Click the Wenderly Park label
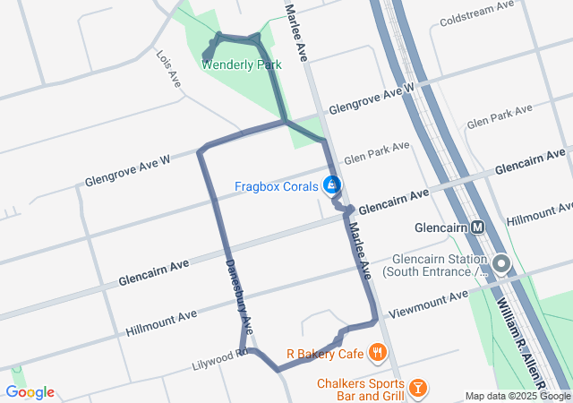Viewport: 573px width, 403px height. coord(242,64)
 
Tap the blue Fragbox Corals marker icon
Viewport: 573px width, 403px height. coord(332,185)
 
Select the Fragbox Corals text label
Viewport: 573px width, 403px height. coord(276,187)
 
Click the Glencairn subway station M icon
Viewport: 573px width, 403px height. coord(479,227)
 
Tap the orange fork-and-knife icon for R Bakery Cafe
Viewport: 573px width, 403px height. coord(379,353)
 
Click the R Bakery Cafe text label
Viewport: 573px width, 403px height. coord(324,354)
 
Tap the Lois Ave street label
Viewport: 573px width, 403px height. coord(167,69)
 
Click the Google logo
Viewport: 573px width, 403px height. coord(30,392)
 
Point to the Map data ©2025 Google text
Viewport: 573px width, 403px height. coord(517,397)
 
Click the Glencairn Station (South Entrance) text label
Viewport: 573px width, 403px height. coord(433,264)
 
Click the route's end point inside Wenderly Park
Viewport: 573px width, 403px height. coord(207,58)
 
